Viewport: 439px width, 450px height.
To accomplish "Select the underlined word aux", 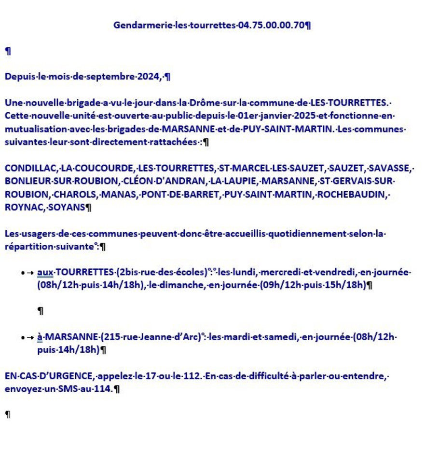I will tap(45, 273).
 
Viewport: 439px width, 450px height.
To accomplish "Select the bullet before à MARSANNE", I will tap(23, 338).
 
